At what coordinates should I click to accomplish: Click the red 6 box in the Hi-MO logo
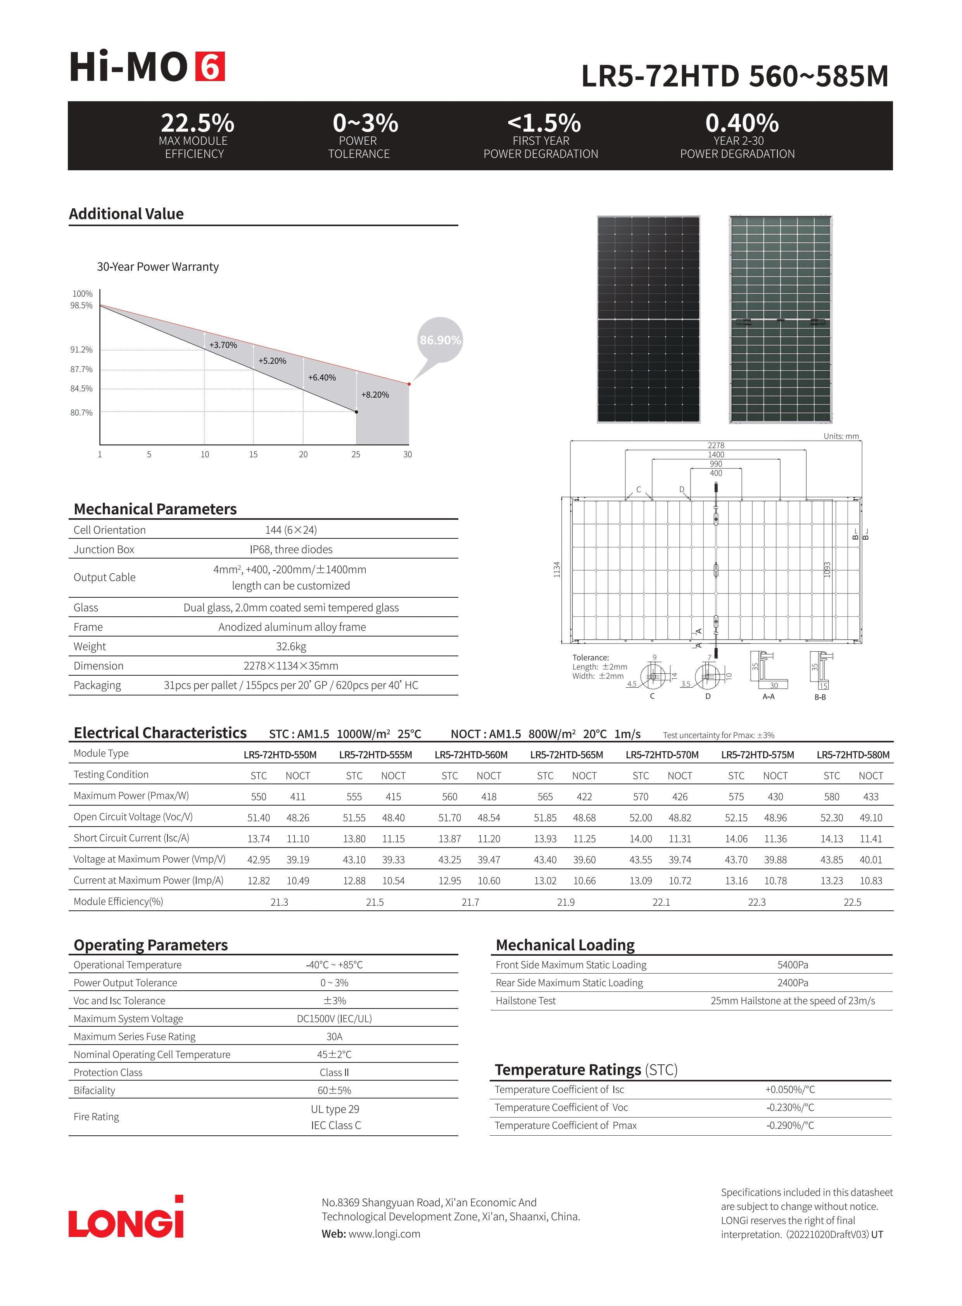coord(210,67)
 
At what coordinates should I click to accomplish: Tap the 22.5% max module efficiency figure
coord(197,123)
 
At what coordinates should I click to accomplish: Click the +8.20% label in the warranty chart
coord(375,395)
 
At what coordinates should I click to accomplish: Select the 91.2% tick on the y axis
coord(81,349)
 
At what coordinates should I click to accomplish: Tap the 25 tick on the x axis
coord(356,454)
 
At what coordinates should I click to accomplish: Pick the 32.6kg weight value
coord(290,647)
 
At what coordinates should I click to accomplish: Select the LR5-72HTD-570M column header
coord(662,755)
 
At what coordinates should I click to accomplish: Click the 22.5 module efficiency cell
coord(852,902)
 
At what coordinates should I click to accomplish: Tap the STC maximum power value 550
coord(259,797)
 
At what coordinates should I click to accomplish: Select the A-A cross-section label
coord(769,697)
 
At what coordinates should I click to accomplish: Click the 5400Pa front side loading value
coord(793,965)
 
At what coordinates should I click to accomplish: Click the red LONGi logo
coord(126,1219)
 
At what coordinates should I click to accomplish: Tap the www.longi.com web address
coord(384,1234)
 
